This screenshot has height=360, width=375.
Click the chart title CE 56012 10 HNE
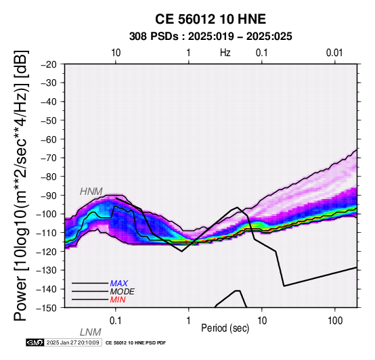[211, 19]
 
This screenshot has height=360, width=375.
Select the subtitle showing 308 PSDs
[211, 37]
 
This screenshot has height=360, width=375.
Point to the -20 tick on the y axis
[49, 64]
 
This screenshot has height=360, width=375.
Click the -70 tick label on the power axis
[49, 158]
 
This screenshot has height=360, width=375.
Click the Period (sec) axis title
[225, 328]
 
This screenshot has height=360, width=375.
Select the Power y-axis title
[21, 185]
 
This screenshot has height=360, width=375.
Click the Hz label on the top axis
[225, 53]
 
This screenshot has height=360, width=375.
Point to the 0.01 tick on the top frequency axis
[335, 53]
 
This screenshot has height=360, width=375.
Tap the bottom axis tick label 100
[335, 320]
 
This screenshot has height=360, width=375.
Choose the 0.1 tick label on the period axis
[116, 320]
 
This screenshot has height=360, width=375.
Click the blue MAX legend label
[119, 284]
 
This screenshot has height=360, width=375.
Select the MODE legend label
[123, 292]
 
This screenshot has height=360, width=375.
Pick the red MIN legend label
[118, 300]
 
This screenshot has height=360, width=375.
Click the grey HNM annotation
[91, 192]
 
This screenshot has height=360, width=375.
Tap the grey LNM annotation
[91, 332]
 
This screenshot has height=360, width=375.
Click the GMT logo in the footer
[35, 342]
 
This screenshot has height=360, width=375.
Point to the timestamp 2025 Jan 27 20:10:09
[72, 342]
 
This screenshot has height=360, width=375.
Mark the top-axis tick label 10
[116, 53]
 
